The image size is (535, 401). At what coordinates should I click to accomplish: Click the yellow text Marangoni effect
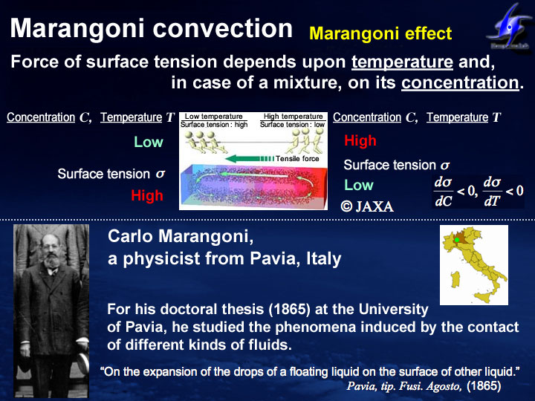380,33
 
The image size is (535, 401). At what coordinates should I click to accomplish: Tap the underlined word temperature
402,62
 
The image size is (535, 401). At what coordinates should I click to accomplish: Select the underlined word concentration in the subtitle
460,83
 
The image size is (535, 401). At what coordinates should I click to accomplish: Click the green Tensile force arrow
250,159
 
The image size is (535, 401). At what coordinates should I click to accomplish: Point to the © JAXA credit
367,206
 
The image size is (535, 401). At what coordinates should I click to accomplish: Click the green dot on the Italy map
457,240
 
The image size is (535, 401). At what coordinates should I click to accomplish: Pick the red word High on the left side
147,196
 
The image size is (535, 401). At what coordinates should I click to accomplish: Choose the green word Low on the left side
149,142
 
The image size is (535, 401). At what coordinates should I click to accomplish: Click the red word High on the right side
360,140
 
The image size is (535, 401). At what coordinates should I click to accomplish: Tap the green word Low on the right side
359,185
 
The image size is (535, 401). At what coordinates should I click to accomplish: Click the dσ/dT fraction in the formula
492,192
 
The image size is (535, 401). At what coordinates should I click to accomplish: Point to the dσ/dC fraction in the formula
443,192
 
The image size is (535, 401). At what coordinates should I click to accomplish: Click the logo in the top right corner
509,28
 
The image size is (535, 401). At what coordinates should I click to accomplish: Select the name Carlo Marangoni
181,236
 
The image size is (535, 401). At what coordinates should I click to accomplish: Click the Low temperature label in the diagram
213,117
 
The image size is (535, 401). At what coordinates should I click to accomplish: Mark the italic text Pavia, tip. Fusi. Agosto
404,386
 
